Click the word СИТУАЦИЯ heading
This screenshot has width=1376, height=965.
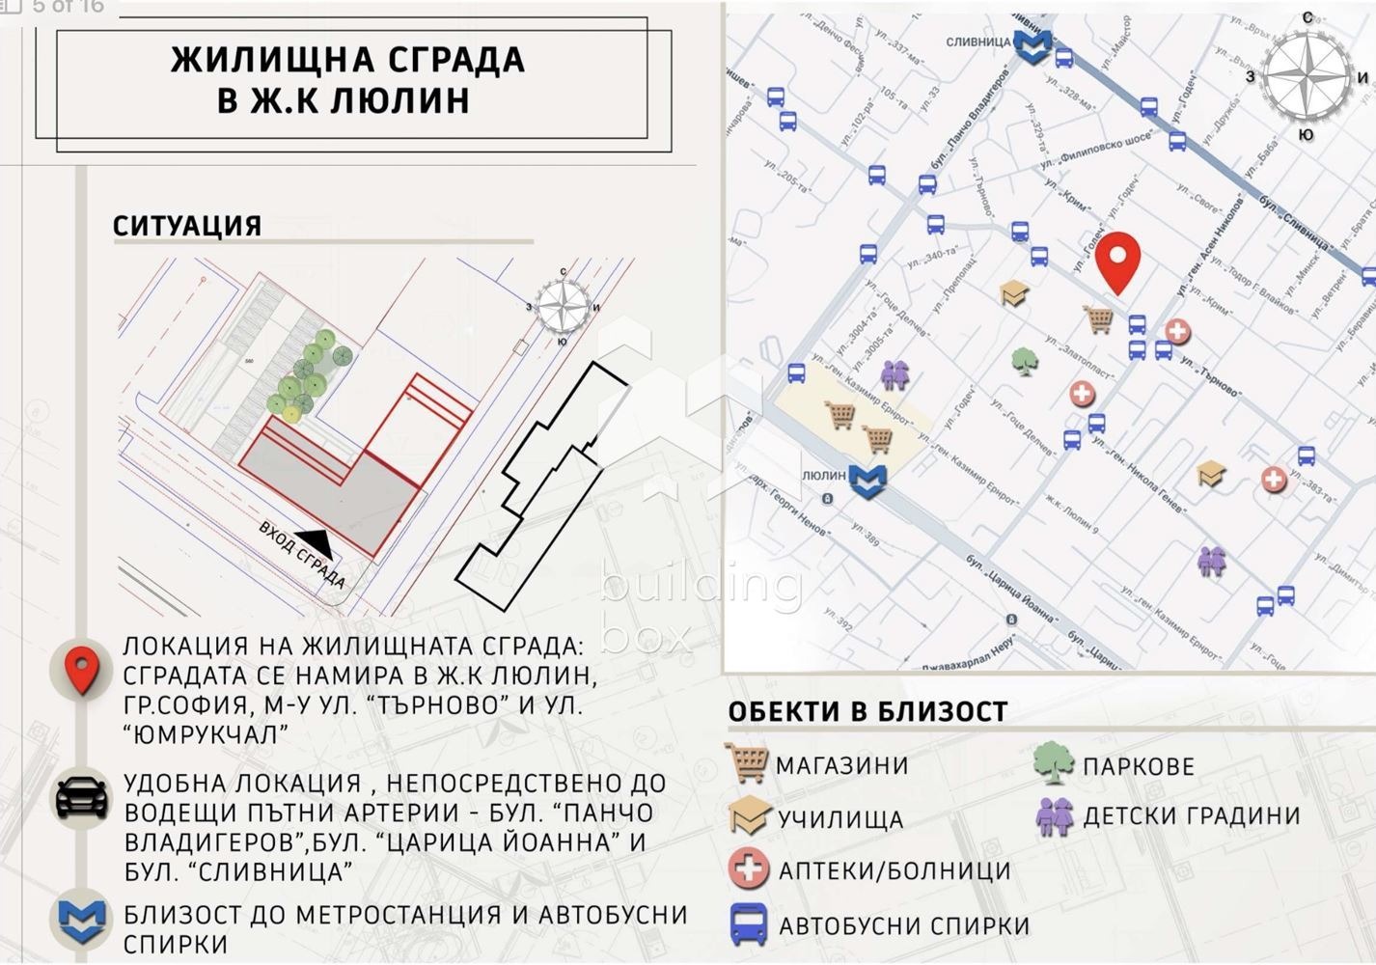click(187, 226)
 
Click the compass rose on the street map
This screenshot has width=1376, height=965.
click(1307, 75)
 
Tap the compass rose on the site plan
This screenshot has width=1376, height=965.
click(563, 306)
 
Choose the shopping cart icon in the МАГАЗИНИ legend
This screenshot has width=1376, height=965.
click(747, 763)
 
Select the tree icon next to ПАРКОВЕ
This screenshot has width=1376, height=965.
click(1053, 764)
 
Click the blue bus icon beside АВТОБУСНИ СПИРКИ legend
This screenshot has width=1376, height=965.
click(748, 924)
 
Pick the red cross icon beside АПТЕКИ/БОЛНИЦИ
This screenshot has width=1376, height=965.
click(748, 868)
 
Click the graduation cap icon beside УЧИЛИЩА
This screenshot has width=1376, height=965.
click(748, 816)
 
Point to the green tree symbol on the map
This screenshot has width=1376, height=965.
click(1024, 361)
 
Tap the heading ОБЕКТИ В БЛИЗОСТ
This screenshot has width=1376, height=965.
click(867, 712)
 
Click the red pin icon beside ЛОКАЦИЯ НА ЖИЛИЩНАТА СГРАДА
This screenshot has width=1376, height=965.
click(82, 670)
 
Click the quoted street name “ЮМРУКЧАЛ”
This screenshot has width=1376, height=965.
click(206, 734)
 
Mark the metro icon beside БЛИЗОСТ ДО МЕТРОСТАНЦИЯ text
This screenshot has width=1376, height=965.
click(82, 919)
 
